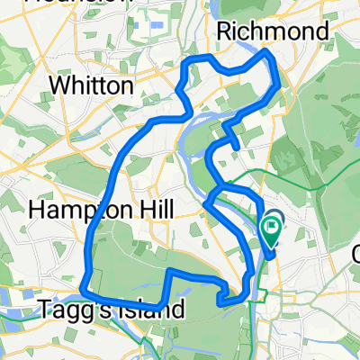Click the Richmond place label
(x=271, y=31)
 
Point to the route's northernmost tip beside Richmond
(x=266, y=53)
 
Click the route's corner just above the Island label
(x=168, y=270)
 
